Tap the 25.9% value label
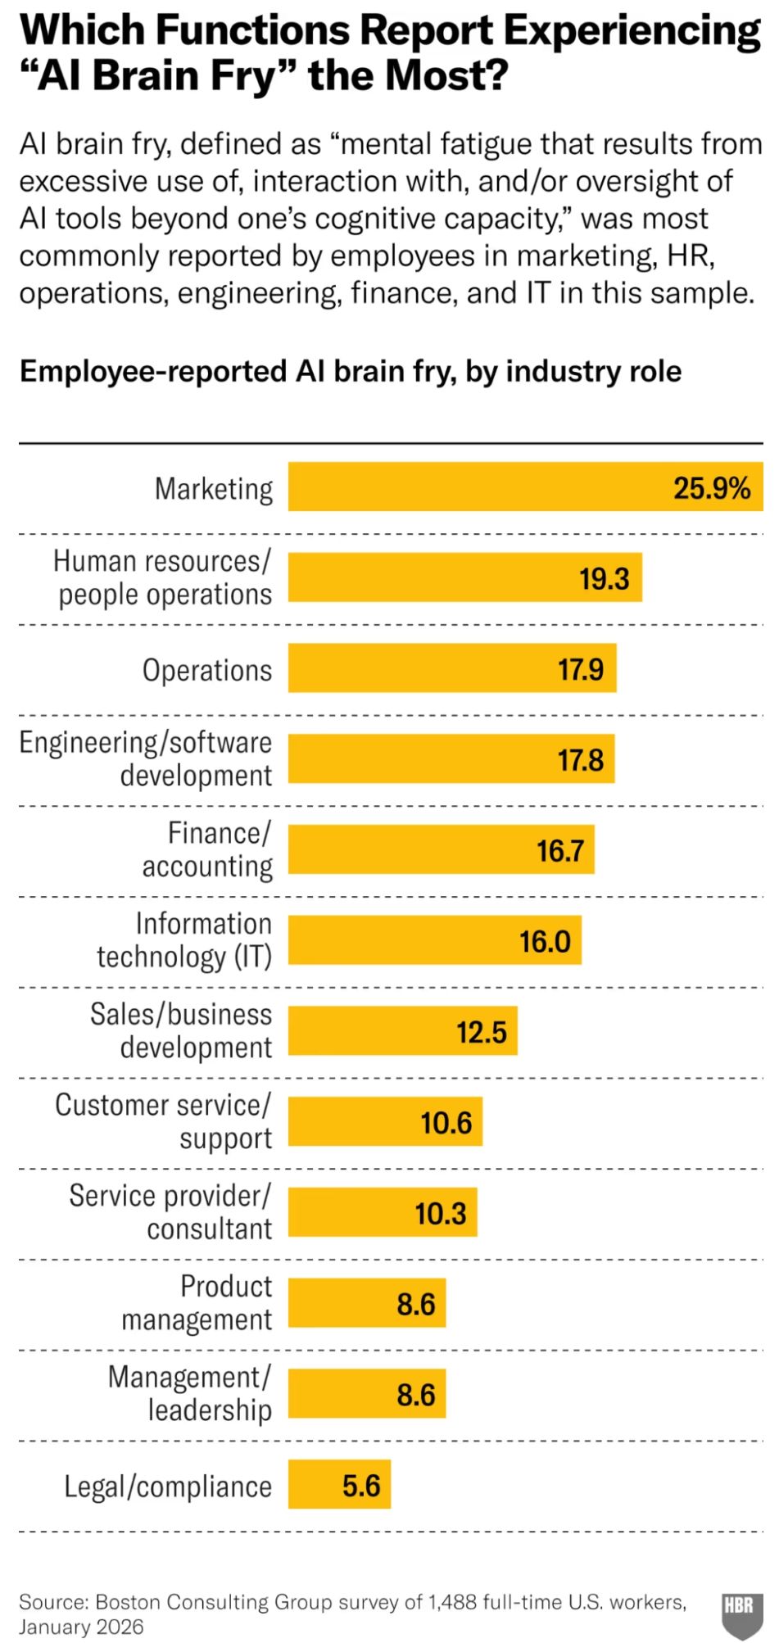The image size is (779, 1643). (x=711, y=489)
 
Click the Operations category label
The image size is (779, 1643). (x=207, y=670)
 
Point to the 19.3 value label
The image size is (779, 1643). (x=605, y=579)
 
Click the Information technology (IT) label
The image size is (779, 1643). (x=184, y=940)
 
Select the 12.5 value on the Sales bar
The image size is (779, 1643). (x=482, y=1032)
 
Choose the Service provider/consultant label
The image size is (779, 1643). (x=170, y=1212)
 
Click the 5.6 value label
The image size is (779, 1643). (x=361, y=1485)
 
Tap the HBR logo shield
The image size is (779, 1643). (x=742, y=1613)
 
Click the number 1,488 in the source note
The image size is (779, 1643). (x=454, y=1601)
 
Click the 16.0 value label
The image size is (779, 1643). (x=545, y=941)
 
